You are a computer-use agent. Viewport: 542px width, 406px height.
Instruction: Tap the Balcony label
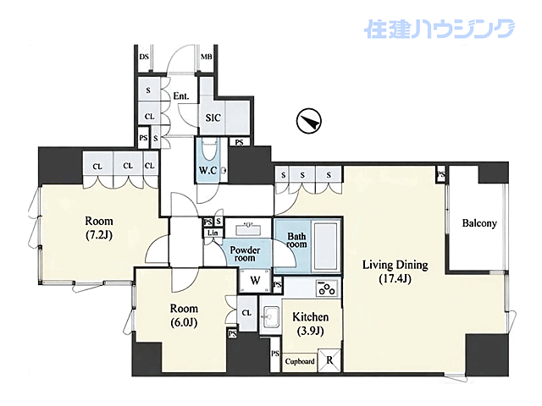click(478, 224)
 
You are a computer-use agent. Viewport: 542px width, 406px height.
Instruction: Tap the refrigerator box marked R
click(329, 360)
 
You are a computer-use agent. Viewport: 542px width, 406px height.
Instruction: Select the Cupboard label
click(299, 362)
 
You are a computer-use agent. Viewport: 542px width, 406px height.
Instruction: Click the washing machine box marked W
click(254, 281)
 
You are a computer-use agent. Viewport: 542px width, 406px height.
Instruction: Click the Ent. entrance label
click(180, 96)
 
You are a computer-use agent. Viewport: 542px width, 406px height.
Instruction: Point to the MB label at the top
click(206, 58)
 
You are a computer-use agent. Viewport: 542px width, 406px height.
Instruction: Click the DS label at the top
click(143, 58)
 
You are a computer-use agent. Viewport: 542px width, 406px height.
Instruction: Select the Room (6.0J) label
click(183, 315)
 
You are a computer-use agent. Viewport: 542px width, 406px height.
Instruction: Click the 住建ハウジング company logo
click(439, 30)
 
